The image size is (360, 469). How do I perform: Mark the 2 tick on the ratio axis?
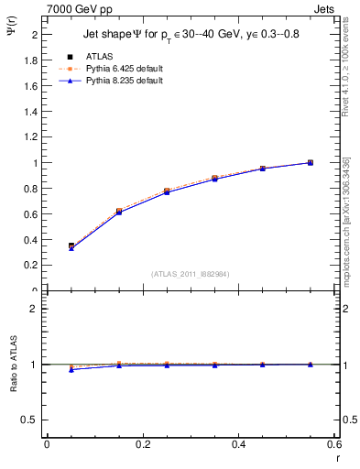click(x=35, y=309)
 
